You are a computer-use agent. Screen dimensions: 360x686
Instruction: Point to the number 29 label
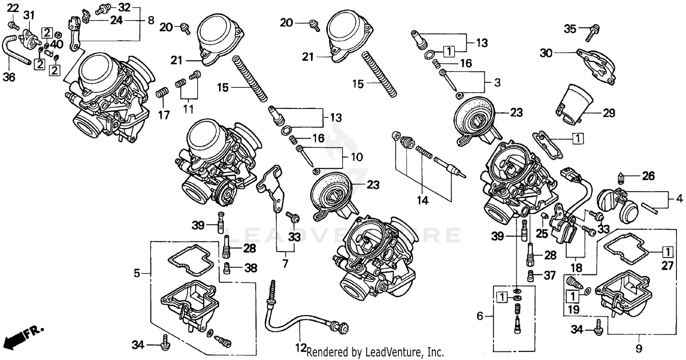(x=609, y=113)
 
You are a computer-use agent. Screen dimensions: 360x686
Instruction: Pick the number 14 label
(x=423, y=200)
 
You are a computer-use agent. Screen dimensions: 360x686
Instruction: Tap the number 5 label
(x=137, y=273)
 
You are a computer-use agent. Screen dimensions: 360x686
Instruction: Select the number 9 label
(x=638, y=349)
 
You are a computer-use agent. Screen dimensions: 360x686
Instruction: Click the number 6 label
(x=480, y=316)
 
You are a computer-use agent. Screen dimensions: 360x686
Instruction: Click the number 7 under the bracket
(x=285, y=264)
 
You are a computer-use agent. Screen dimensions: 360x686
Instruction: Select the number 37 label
(x=549, y=275)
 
